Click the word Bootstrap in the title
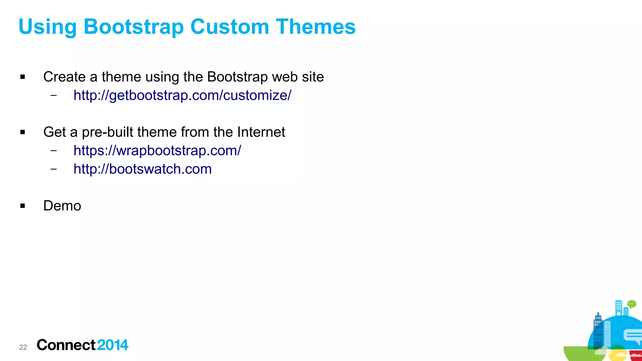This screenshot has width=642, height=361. tap(134, 27)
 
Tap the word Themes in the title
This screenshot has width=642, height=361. tap(316, 27)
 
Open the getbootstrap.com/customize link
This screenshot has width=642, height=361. tap(182, 95)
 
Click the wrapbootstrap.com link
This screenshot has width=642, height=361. tap(157, 150)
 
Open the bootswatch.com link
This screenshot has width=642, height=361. tap(142, 169)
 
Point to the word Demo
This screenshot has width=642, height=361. tap(62, 206)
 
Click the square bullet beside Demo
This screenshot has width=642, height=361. tap(23, 206)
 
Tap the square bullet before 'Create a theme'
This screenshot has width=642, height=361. tap(23, 77)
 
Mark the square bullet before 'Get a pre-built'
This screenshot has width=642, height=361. tap(23, 132)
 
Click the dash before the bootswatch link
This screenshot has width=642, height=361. tap(54, 169)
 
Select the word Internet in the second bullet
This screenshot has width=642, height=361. tap(261, 132)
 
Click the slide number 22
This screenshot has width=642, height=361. tap(23, 347)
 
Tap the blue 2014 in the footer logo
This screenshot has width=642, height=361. tap(113, 345)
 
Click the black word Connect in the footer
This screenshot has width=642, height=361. tap(66, 345)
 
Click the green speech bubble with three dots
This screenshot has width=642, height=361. tap(632, 304)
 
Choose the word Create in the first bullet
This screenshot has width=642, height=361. tap(64, 77)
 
